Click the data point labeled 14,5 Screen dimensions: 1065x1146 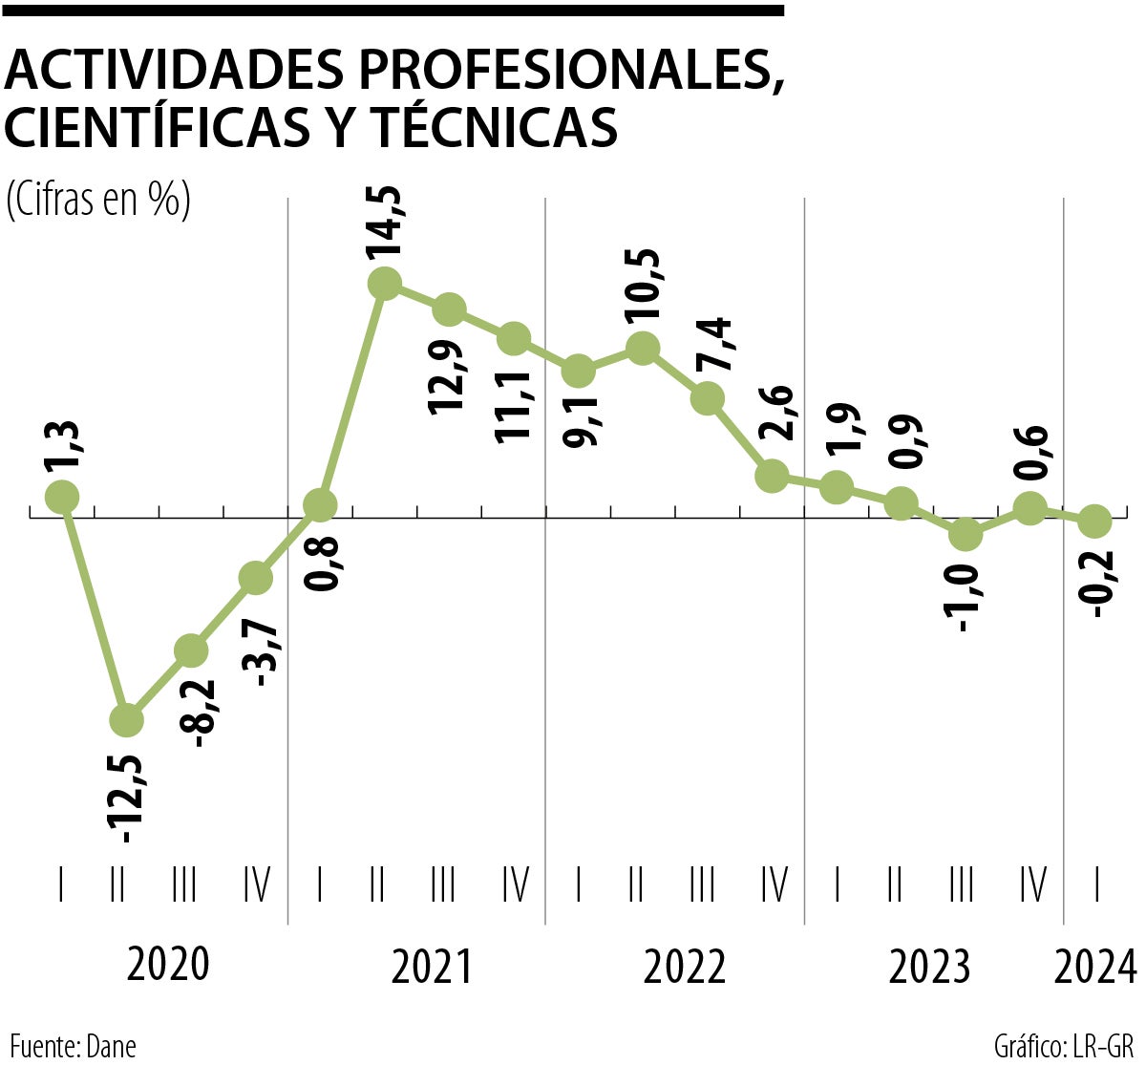pos(384,283)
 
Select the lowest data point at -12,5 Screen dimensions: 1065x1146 pos(126,719)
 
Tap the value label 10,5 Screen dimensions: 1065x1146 pos(643,288)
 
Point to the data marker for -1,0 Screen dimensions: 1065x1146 pos(966,535)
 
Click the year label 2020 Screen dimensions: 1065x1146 pos(167,966)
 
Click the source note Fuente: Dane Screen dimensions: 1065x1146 pos(73,1045)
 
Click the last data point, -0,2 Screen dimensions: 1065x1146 pos(1094,522)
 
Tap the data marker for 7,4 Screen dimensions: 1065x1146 pos(707,397)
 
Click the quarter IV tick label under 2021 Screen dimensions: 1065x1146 pos(515,885)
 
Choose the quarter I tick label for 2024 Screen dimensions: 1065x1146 pos(1096,885)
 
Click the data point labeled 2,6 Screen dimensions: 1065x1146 pos(772,476)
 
